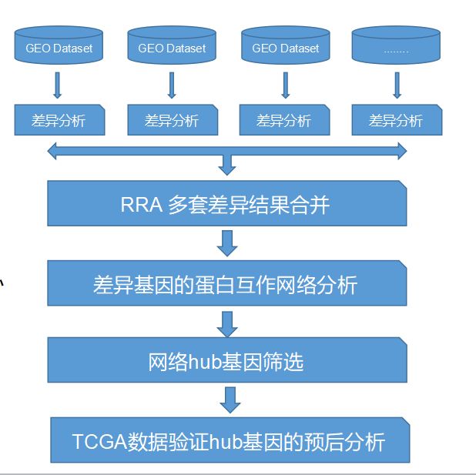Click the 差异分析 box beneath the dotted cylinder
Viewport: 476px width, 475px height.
(x=397, y=120)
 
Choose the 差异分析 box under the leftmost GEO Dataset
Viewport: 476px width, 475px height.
(x=59, y=120)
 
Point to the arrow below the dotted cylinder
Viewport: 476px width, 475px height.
(x=397, y=85)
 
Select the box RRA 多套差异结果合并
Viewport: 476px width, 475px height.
(x=226, y=206)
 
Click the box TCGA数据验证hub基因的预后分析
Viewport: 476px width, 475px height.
(x=229, y=441)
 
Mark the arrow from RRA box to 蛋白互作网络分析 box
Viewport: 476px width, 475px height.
(x=227, y=244)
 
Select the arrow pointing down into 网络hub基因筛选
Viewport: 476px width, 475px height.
(x=227, y=323)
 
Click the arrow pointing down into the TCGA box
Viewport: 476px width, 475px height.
(x=229, y=400)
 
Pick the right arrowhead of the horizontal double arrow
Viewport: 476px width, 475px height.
(x=401, y=152)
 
